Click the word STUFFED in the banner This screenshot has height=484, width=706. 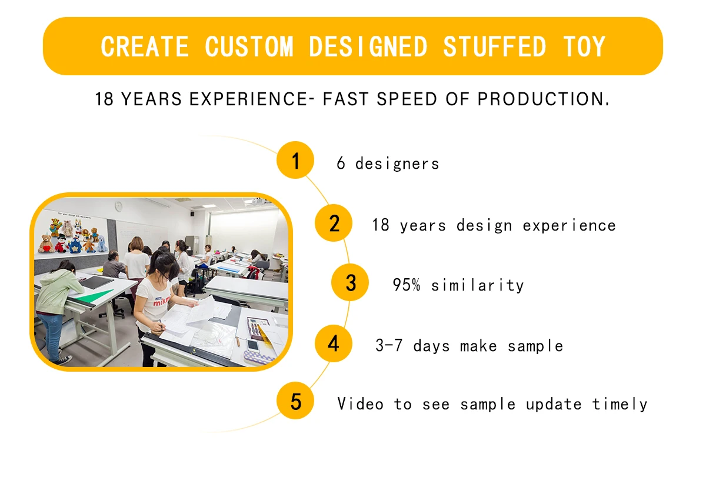tap(494, 46)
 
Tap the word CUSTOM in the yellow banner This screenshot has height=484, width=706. tap(249, 46)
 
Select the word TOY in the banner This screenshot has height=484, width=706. tap(584, 46)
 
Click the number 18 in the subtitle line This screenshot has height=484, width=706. tap(104, 99)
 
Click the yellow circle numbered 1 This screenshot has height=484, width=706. tap(295, 160)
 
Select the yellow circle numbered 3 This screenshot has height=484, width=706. tap(350, 282)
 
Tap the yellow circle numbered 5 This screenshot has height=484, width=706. tap(295, 400)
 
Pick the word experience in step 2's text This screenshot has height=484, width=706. tap(570, 226)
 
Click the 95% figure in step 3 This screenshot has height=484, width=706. tap(407, 285)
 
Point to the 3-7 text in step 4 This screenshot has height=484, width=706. tap(389, 345)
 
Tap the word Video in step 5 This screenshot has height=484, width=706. tap(360, 403)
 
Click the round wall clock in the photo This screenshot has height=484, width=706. tap(118, 206)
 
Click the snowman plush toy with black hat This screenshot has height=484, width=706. tap(62, 243)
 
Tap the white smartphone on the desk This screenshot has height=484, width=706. tap(253, 346)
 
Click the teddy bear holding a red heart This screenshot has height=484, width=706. tap(46, 244)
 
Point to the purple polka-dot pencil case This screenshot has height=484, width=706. tap(258, 358)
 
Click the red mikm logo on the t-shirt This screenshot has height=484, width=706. tap(161, 302)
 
